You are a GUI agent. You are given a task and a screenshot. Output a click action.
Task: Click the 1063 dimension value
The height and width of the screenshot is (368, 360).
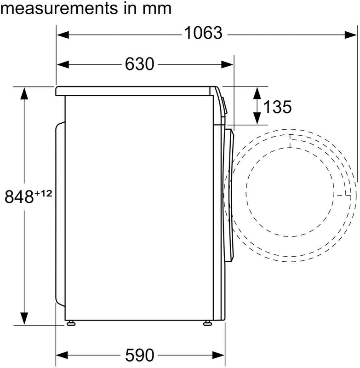[203, 33]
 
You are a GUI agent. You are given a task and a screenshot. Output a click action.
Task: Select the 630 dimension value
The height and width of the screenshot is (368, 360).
[140, 64]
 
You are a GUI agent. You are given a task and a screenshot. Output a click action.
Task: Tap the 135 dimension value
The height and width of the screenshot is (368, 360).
[277, 107]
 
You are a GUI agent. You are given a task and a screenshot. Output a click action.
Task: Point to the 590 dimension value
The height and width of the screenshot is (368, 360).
[140, 355]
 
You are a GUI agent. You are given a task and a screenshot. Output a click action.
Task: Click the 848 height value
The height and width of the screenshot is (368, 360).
[19, 197]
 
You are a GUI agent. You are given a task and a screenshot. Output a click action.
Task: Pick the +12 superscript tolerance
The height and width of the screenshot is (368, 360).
[43, 194]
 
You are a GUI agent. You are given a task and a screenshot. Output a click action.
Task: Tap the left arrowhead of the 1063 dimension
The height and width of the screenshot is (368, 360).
[63, 35]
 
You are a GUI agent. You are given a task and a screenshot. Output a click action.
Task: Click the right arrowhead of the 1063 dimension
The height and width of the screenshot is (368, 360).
[351, 35]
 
